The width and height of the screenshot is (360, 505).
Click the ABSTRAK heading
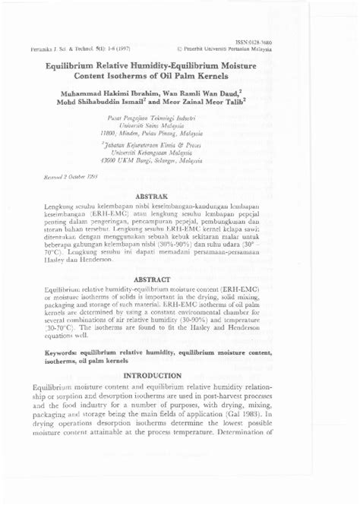point(179,195)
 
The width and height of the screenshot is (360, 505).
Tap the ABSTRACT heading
point(179,280)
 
